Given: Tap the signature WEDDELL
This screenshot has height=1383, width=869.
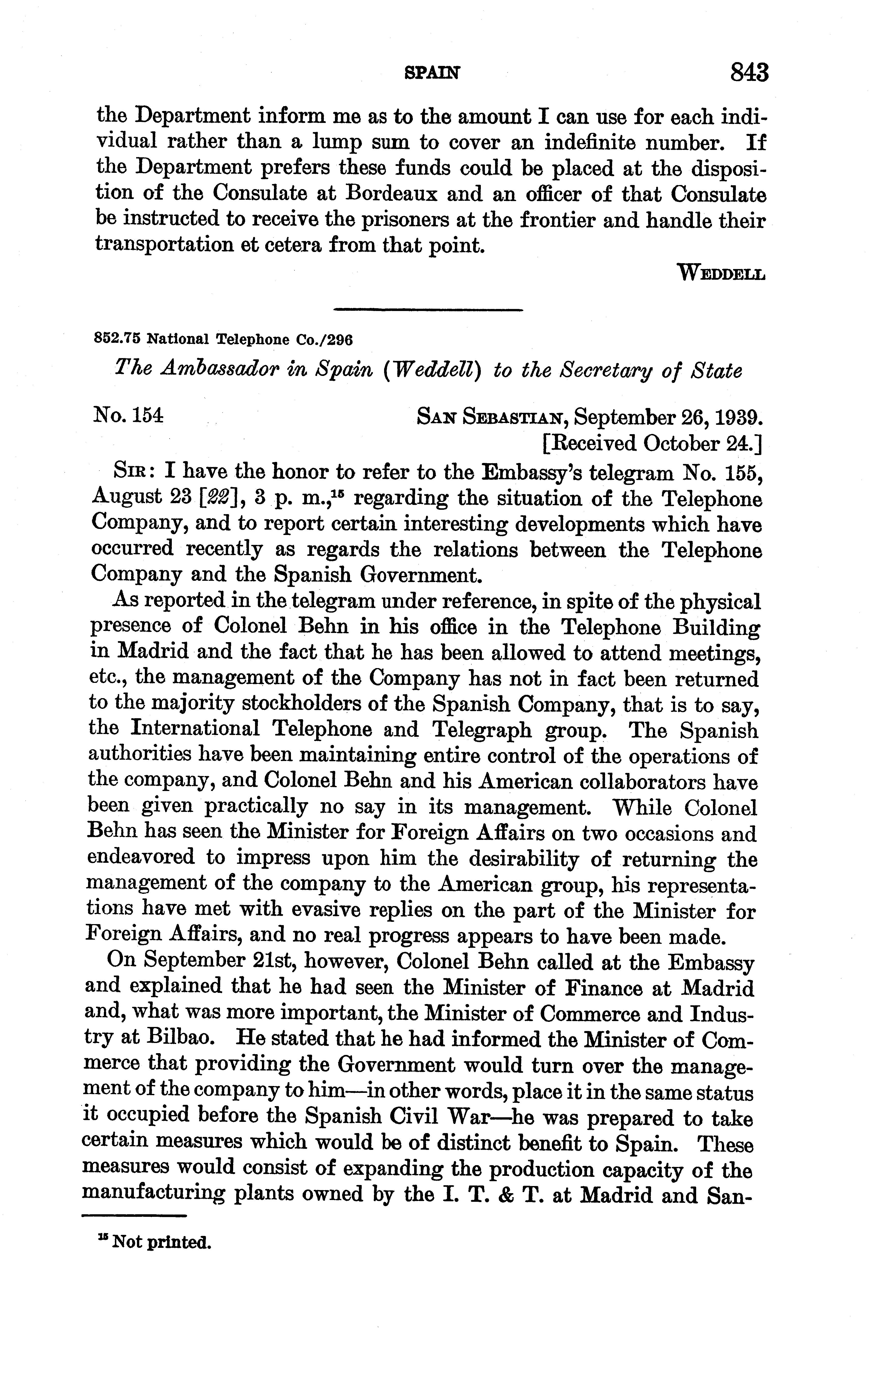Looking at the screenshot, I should coord(721,272).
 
